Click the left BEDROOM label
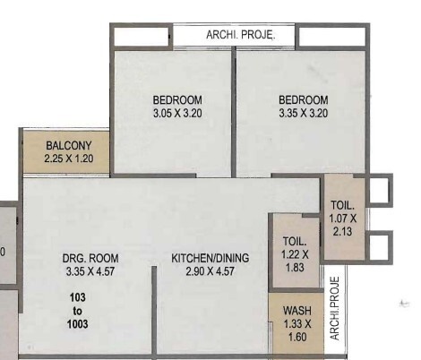click(176, 99)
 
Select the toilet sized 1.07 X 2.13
click(342, 218)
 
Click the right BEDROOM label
click(303, 99)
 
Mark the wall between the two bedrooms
click(235, 112)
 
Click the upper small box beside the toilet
click(379, 190)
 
